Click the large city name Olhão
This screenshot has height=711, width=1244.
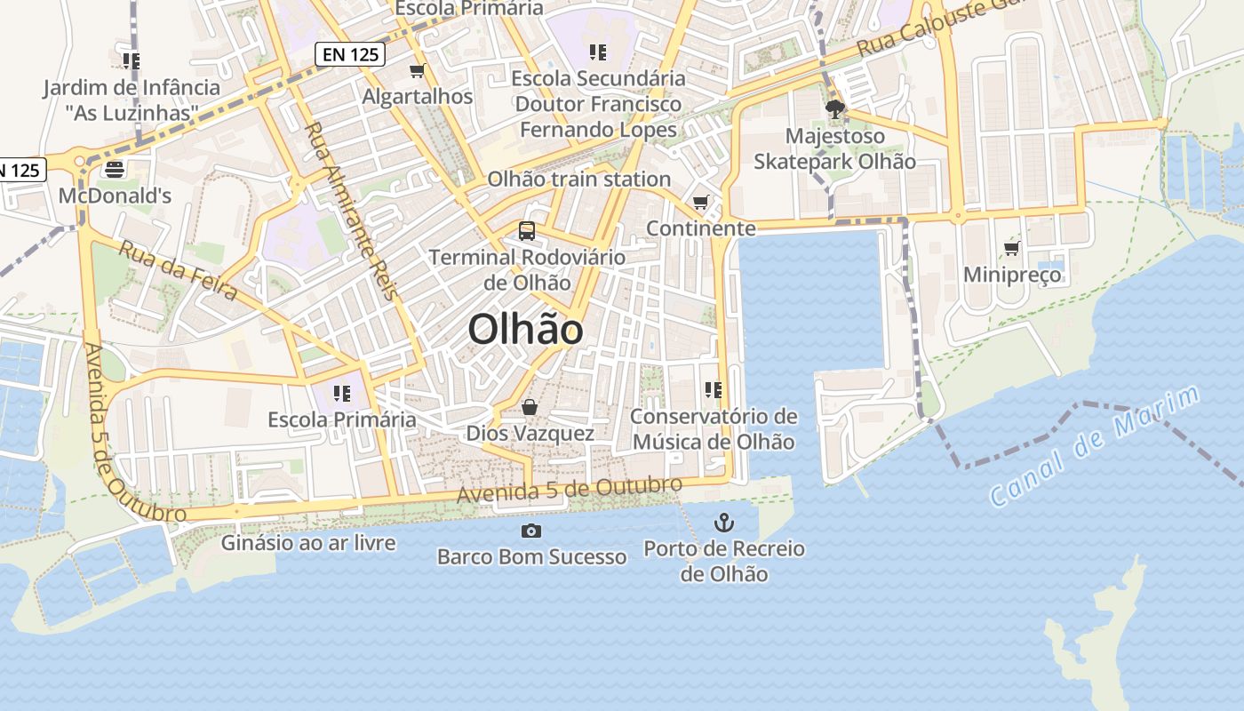525,330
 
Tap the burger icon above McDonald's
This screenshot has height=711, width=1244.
114,169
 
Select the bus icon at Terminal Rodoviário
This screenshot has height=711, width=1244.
527,231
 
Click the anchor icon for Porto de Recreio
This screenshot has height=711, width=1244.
724,522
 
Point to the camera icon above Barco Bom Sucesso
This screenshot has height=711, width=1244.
531,531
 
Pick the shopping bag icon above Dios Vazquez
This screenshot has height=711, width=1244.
530,407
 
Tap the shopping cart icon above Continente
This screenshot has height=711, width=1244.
701,202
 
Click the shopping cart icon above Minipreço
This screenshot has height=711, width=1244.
1012,248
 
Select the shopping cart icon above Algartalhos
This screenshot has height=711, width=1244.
418,70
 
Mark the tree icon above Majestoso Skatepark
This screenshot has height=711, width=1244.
834,109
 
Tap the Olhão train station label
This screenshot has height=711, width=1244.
578,179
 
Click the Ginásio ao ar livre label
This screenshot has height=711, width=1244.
308,542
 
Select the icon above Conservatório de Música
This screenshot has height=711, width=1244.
713,389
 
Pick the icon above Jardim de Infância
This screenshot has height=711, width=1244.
132,60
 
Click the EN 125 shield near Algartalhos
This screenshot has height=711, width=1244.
350,54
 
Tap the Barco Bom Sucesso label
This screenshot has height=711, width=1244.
531,557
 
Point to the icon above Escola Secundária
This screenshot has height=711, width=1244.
598,52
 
